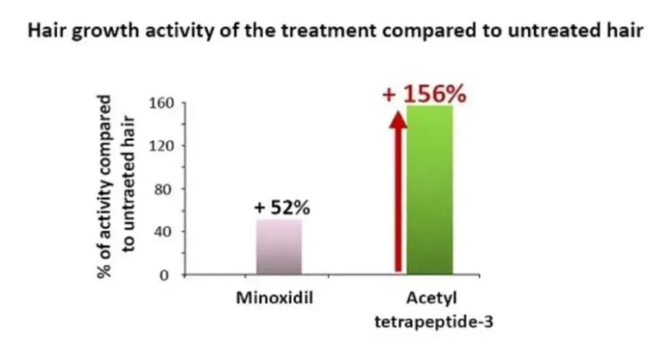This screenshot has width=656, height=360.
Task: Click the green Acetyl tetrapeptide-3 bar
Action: click(430, 190)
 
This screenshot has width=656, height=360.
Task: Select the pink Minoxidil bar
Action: click(279, 247)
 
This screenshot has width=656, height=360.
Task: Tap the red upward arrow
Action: click(398, 191)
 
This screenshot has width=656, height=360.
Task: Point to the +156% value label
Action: click(424, 94)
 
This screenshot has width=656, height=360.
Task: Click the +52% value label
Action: click(282, 207)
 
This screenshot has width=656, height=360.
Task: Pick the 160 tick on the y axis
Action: click(161, 103)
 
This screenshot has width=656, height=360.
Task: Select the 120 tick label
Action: click(161, 146)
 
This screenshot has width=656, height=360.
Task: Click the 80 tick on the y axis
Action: click(163, 190)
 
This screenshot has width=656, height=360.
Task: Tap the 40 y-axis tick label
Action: click(163, 232)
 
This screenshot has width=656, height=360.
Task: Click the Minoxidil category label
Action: click(274, 298)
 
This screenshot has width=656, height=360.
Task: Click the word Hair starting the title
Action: click(47, 31)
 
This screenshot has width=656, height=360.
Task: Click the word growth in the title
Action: click(106, 31)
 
